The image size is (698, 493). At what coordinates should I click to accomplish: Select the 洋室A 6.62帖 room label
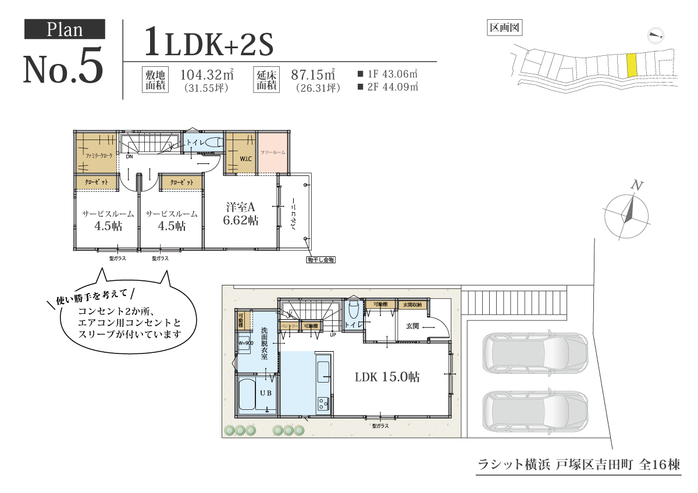pyautogui.click(x=241, y=214)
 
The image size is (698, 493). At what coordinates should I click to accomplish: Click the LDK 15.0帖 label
pyautogui.click(x=387, y=377)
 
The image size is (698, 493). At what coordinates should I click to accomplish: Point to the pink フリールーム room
pyautogui.click(x=273, y=152)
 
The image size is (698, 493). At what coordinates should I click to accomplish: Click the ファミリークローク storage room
pyautogui.click(x=96, y=153)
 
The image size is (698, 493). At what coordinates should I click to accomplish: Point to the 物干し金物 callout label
pyautogui.click(x=321, y=260)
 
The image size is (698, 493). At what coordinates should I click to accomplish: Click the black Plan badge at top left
pyautogui.click(x=65, y=29)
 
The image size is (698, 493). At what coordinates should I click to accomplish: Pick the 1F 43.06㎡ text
pyautogui.click(x=389, y=74)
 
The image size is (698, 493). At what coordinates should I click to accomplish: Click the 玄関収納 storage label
pyautogui.click(x=412, y=305)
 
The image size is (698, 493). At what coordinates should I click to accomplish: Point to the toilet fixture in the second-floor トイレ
pyautogui.click(x=213, y=142)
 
